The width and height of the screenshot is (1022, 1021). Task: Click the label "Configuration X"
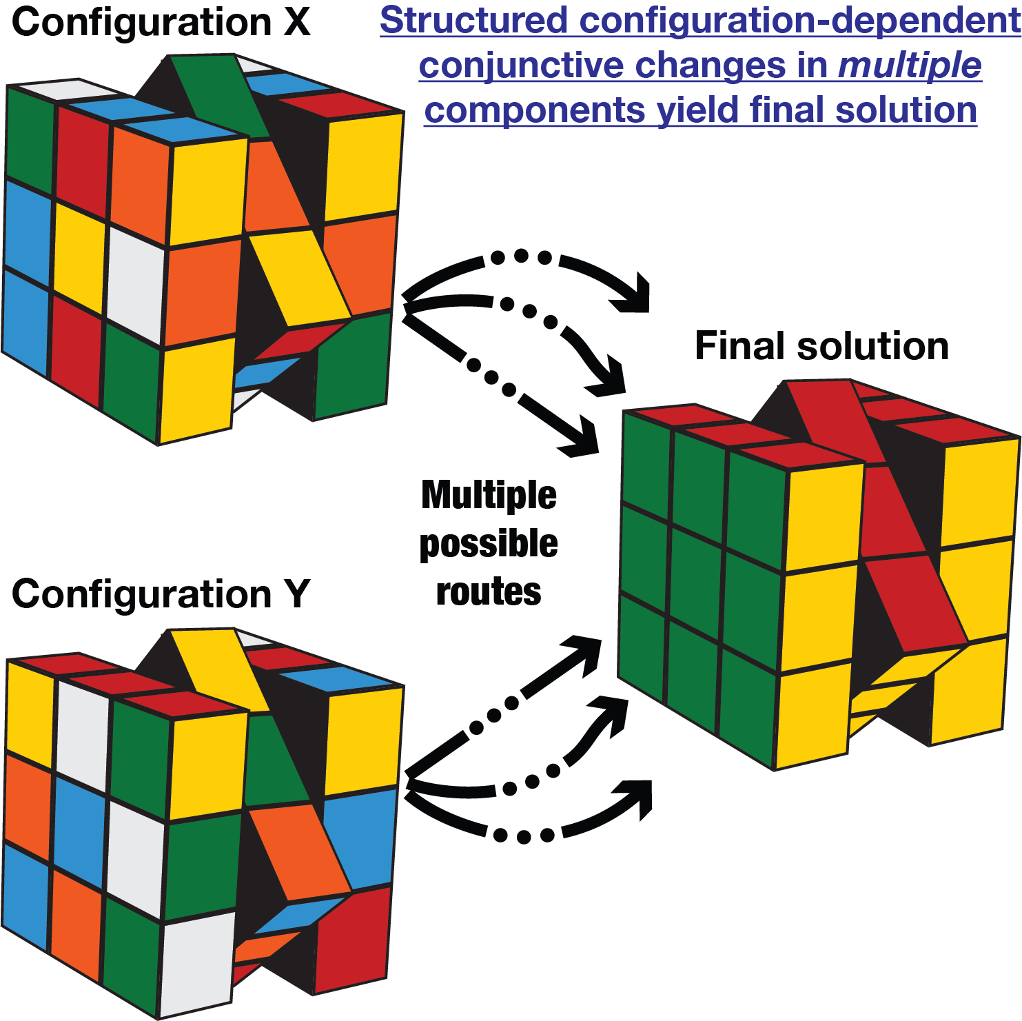161,22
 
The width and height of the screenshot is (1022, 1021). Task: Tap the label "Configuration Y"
161,594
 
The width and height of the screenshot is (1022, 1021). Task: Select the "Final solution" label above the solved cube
821,346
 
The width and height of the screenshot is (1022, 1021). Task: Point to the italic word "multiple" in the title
910,65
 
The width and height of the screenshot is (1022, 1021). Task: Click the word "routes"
489,592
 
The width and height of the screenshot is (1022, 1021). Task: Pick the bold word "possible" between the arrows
489,543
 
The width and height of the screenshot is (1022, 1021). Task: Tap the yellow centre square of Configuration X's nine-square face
79,256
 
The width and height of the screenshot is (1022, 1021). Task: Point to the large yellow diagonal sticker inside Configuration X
298,276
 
